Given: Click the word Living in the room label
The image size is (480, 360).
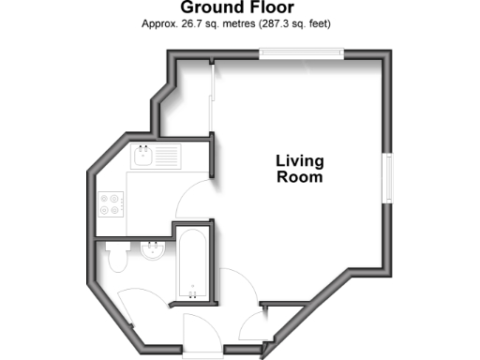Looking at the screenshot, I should (x=299, y=160).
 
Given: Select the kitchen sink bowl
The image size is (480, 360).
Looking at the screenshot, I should (x=143, y=157).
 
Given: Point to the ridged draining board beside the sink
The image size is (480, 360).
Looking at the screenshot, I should (x=168, y=157).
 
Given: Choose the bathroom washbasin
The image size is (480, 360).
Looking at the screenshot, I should (x=149, y=250).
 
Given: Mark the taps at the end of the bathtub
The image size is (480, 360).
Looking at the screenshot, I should (x=193, y=293).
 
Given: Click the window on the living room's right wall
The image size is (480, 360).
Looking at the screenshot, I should (x=386, y=178).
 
